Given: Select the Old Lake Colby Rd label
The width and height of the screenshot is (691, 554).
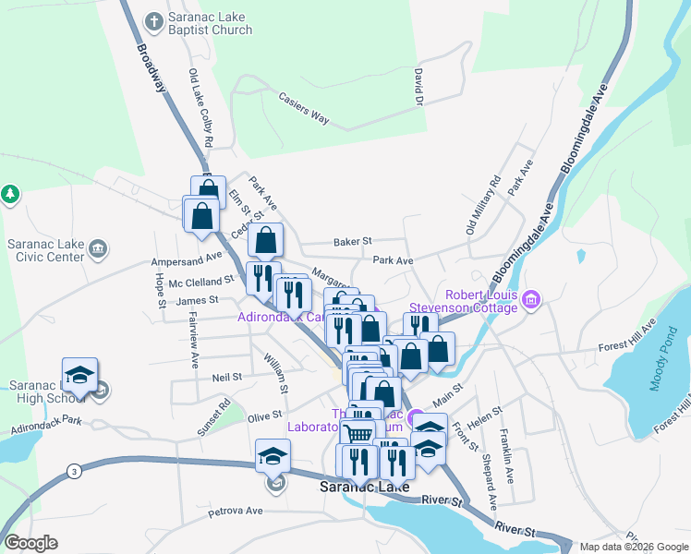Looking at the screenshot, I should pyautogui.click(x=200, y=108).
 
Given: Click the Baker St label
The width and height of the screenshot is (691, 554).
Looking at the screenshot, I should pyautogui.click(x=352, y=241).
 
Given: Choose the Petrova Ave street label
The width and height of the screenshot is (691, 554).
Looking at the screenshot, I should pyautogui.click(x=236, y=510).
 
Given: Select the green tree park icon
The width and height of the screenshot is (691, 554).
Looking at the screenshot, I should pyautogui.click(x=10, y=195).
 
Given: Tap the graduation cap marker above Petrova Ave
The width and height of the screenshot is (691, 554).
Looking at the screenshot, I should pyautogui.click(x=273, y=456).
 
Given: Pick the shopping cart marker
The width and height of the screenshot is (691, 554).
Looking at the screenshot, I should pyautogui.click(x=358, y=432).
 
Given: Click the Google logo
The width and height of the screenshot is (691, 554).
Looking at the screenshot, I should pyautogui.click(x=30, y=543).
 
